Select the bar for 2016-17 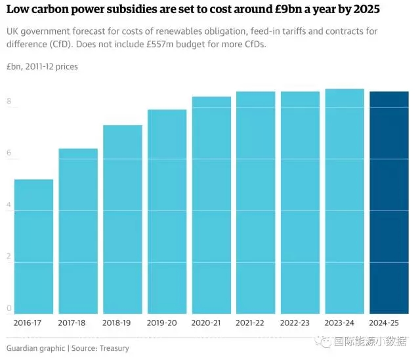click(33, 247)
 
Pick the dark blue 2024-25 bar click(389, 203)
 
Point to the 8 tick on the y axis click(9, 101)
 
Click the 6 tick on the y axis click(9, 153)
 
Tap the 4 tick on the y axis click(9, 205)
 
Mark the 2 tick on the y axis click(9, 256)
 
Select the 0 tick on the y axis click(9, 308)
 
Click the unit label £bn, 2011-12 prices click(42, 67)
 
